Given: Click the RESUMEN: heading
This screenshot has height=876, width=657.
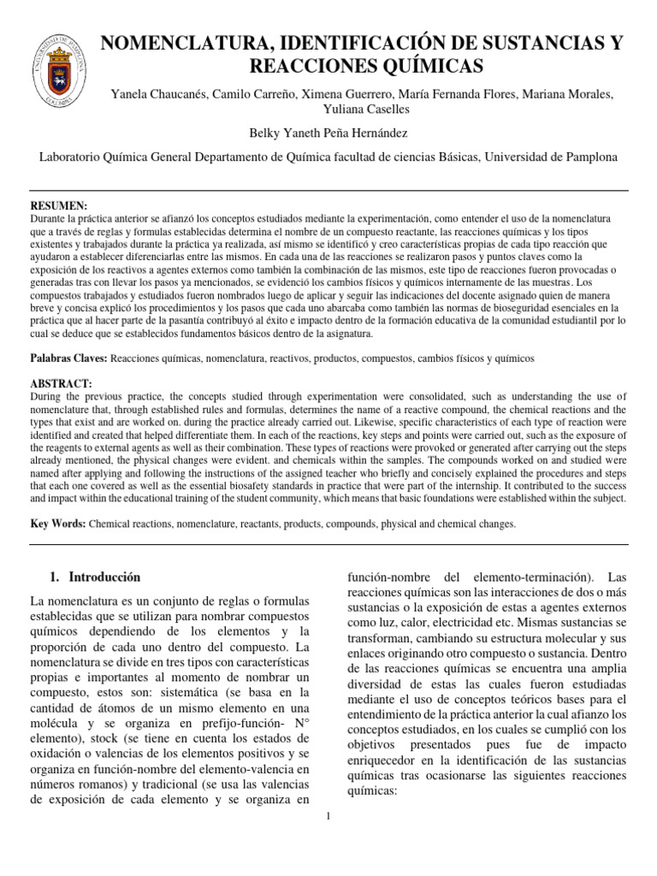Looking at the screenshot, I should click(x=59, y=206).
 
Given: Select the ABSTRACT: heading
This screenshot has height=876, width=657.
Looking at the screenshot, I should click(x=62, y=384).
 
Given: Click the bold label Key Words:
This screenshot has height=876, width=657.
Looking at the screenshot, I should click(x=58, y=523).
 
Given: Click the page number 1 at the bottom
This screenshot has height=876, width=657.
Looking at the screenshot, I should click(x=328, y=815).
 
